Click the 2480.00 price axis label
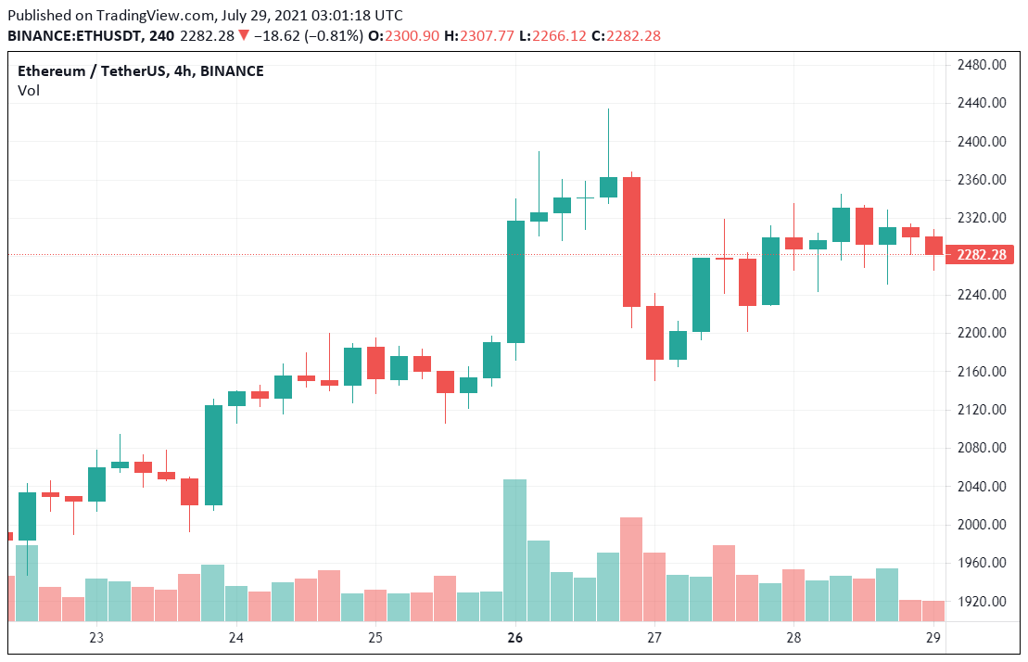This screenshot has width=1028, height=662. tap(983, 65)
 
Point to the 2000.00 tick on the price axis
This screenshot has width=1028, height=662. tap(983, 524)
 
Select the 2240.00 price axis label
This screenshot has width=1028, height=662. tap(983, 295)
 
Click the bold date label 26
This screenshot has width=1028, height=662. tap(515, 638)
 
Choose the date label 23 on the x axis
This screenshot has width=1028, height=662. tap(96, 638)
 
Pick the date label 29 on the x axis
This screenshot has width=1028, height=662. tap(934, 638)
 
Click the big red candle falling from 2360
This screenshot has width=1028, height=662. tap(631, 241)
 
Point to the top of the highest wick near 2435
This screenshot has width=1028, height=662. tap(608, 109)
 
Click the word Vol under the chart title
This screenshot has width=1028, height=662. tap(29, 90)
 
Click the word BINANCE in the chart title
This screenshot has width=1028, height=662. tap(232, 71)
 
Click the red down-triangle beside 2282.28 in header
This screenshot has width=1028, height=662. tap(243, 35)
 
